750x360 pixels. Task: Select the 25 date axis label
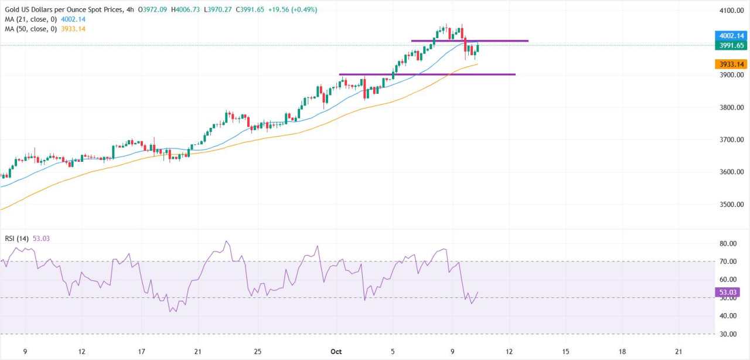[x=258, y=351]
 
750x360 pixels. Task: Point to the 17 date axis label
[x=141, y=351]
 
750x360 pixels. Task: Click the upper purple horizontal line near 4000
[x=498, y=40]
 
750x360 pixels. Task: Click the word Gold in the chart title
[x=12, y=10]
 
